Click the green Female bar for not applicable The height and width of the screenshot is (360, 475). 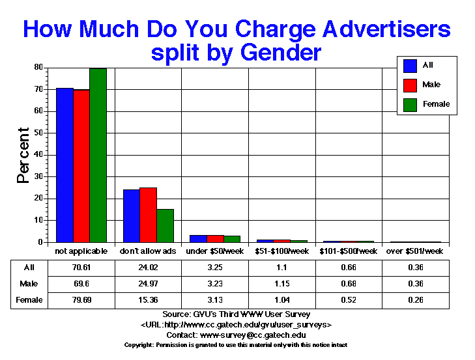click(98, 155)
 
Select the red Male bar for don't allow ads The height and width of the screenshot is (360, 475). click(148, 215)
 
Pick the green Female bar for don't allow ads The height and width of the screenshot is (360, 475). click(165, 225)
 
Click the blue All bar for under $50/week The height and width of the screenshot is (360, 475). click(198, 238)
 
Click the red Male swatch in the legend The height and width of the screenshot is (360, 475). click(410, 85)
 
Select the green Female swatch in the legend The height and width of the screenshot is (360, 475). click(410, 104)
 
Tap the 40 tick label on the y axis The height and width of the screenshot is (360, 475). click(38, 154)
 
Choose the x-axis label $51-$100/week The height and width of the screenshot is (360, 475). click(281, 251)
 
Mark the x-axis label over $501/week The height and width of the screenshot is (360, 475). click(415, 251)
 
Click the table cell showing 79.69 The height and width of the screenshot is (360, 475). click(81, 300)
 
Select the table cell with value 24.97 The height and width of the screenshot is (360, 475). click(148, 284)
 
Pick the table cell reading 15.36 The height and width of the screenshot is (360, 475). click(148, 300)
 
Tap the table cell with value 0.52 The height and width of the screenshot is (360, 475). click(349, 300)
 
